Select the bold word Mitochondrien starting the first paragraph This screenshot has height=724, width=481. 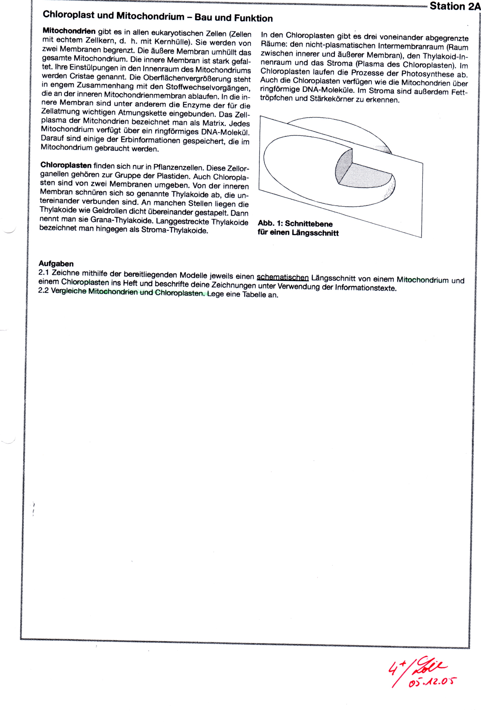(x=69, y=31)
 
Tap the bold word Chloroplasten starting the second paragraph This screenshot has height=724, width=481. (x=66, y=165)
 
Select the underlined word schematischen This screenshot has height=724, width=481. (x=283, y=277)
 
